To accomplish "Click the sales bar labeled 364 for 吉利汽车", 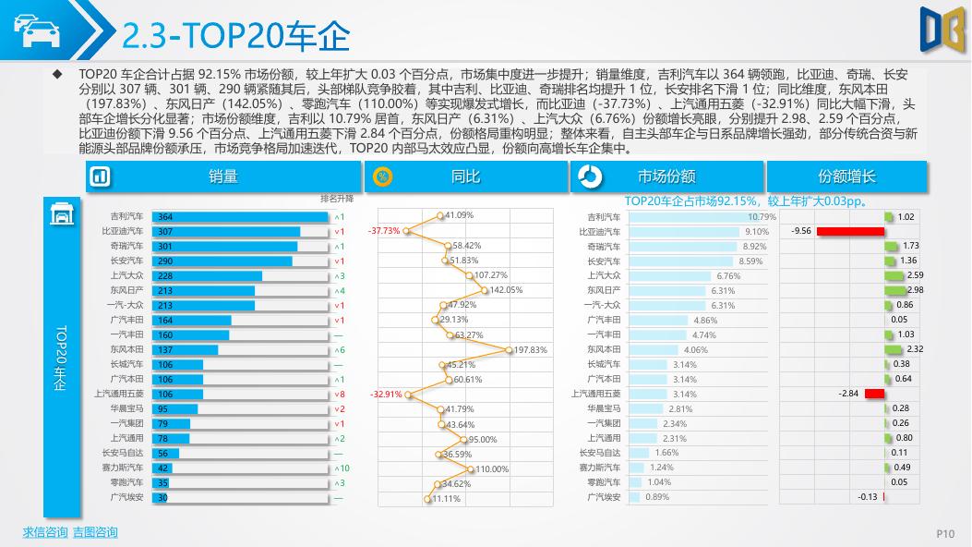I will coord(239,216).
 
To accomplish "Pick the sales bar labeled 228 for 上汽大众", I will coord(207,275).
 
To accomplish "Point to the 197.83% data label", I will coord(531,350).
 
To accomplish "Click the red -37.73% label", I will coord(384,231).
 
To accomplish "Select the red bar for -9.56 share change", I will coord(843,231).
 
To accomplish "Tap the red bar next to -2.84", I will coord(874,394).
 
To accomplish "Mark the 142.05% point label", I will coord(506,290).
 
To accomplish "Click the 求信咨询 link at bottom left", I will coord(45,532).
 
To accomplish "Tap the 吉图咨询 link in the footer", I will coord(95,532).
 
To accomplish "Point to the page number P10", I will coord(945,533).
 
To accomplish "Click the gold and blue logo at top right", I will coord(942,28).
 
